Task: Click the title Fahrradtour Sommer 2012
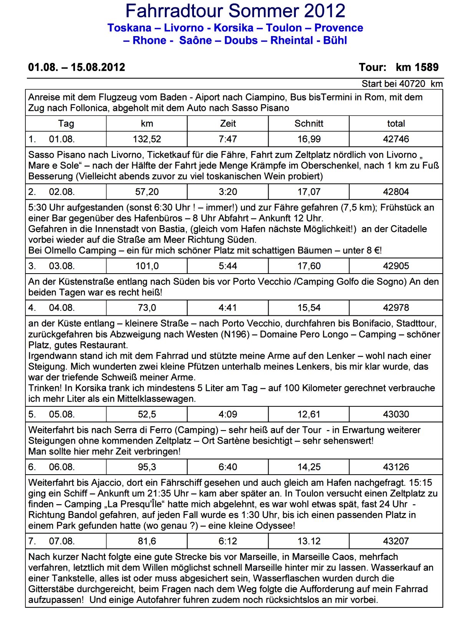click(x=235, y=11)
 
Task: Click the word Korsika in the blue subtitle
click(x=234, y=28)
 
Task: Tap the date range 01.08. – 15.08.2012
click(x=76, y=68)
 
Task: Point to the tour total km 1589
click(x=417, y=68)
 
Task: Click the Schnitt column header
click(x=309, y=124)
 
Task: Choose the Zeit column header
click(x=228, y=124)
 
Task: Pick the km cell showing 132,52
click(x=147, y=139)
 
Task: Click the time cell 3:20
click(x=228, y=192)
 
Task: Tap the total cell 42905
click(x=396, y=266)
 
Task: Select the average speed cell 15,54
click(x=309, y=308)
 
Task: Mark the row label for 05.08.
click(x=61, y=414)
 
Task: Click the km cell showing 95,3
click(x=147, y=467)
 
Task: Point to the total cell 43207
click(x=396, y=541)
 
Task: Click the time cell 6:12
click(x=228, y=541)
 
